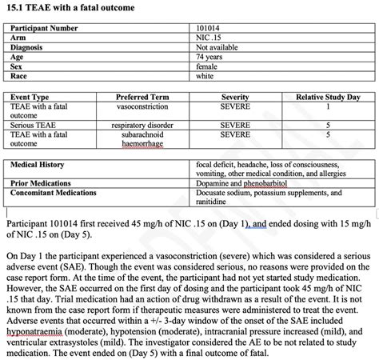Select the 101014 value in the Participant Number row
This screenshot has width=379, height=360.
[x=209, y=28]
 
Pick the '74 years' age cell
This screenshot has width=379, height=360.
[x=209, y=57]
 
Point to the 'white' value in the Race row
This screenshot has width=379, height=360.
[x=205, y=76]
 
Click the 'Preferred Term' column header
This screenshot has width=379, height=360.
[x=142, y=97]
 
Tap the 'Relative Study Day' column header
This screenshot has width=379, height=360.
[x=328, y=97]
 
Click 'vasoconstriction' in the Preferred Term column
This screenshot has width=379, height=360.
[x=142, y=106]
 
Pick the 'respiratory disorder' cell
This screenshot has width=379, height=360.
[x=142, y=126]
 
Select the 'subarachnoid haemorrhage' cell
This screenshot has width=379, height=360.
[x=142, y=139]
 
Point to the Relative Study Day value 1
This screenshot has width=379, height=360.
[x=328, y=106]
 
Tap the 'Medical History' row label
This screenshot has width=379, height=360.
[x=40, y=164]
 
